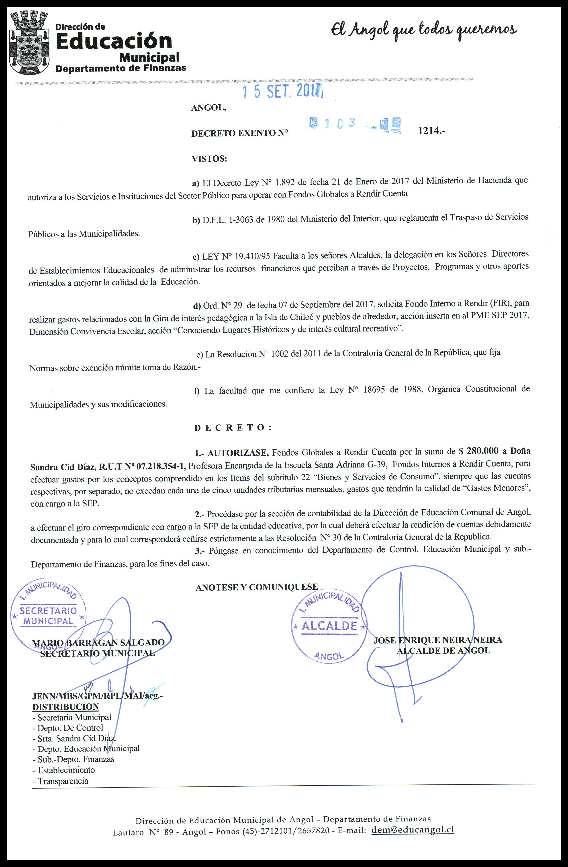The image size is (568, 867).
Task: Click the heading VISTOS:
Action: (x=209, y=159)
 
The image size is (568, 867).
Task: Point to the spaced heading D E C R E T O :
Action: (x=233, y=428)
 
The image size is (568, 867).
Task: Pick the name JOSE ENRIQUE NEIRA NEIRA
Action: (x=437, y=640)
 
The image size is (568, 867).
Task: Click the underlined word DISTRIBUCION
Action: (x=66, y=707)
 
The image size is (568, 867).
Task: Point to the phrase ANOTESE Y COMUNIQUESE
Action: (x=257, y=587)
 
